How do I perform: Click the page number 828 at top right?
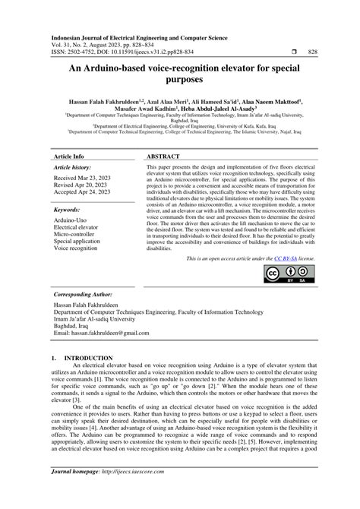[x=311, y=52]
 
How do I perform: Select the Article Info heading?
[x=68, y=156]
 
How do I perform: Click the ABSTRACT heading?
[x=162, y=156]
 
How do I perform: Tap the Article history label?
[x=72, y=166]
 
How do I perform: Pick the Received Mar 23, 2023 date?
[x=81, y=177]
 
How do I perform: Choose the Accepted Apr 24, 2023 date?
[x=81, y=192]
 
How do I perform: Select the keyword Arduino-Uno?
[x=71, y=220]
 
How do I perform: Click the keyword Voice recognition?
[x=77, y=248]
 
